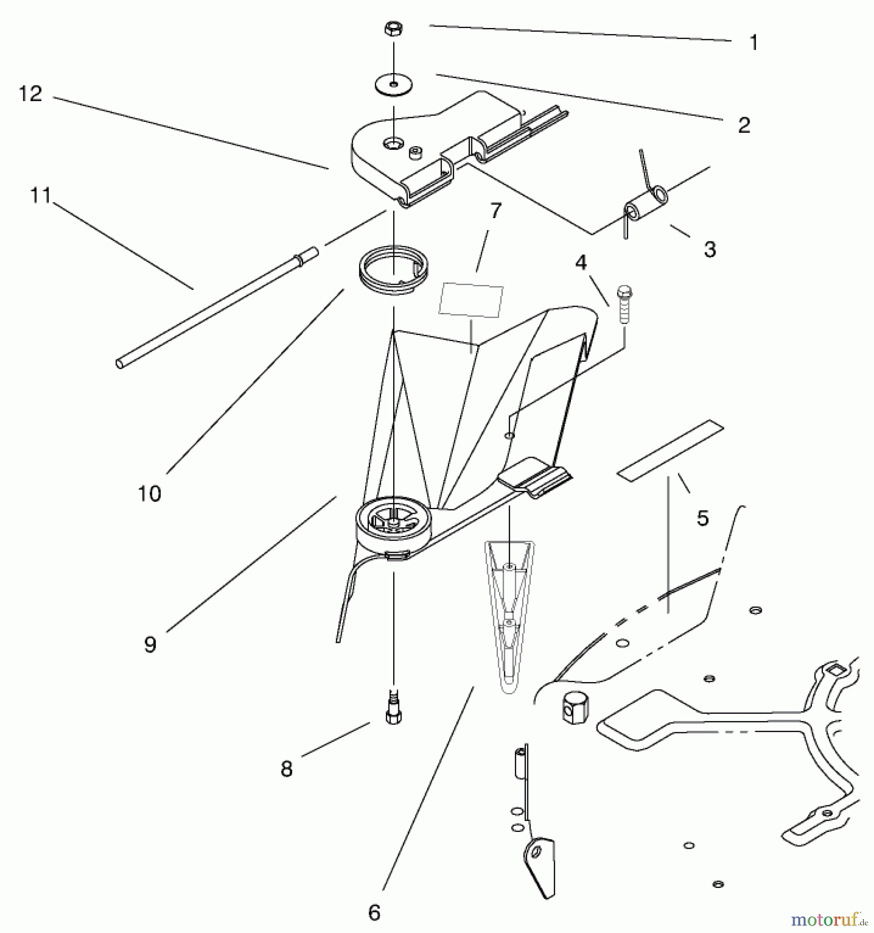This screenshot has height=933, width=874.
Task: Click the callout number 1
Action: (x=754, y=43)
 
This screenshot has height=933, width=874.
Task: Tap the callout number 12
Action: (x=30, y=94)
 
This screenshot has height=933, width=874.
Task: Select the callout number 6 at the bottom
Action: (x=374, y=912)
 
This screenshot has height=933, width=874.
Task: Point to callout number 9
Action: (x=150, y=644)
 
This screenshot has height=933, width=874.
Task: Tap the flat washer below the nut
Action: (x=394, y=84)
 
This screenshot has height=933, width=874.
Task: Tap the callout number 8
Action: (x=286, y=769)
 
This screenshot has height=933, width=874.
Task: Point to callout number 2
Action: (x=743, y=125)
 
